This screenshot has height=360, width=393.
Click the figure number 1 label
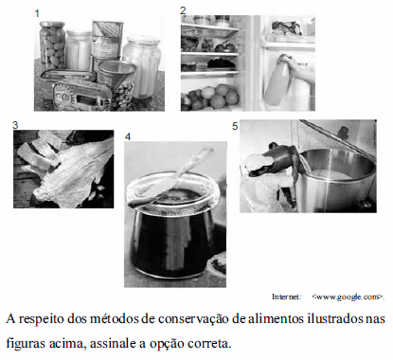(37, 14)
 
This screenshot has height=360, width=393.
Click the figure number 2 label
(183, 10)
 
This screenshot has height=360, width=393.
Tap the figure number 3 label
(15, 125)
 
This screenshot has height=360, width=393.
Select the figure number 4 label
(128, 136)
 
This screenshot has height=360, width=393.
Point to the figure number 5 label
(235, 126)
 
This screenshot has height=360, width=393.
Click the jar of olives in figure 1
(52, 45)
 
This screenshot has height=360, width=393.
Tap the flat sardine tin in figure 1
(82, 95)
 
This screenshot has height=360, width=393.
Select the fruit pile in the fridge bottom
(210, 96)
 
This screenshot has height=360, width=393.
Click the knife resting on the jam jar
(173, 178)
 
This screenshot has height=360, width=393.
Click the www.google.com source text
(348, 297)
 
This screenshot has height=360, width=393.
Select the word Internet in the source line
(287, 297)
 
